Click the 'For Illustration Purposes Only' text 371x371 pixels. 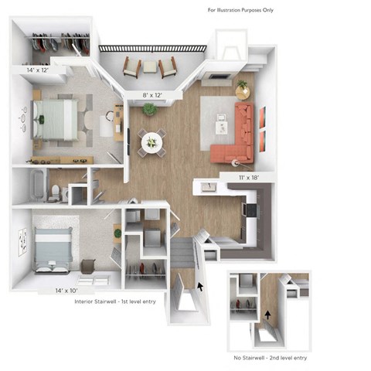(x=240, y=10)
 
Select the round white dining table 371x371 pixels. (x=151, y=142)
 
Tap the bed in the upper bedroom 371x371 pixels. (x=56, y=118)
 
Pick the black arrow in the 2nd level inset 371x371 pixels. (x=269, y=315)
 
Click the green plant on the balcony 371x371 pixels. (x=148, y=109)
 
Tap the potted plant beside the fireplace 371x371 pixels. (x=243, y=85)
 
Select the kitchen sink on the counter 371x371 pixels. (x=208, y=187)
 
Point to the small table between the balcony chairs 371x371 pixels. (x=149, y=66)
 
